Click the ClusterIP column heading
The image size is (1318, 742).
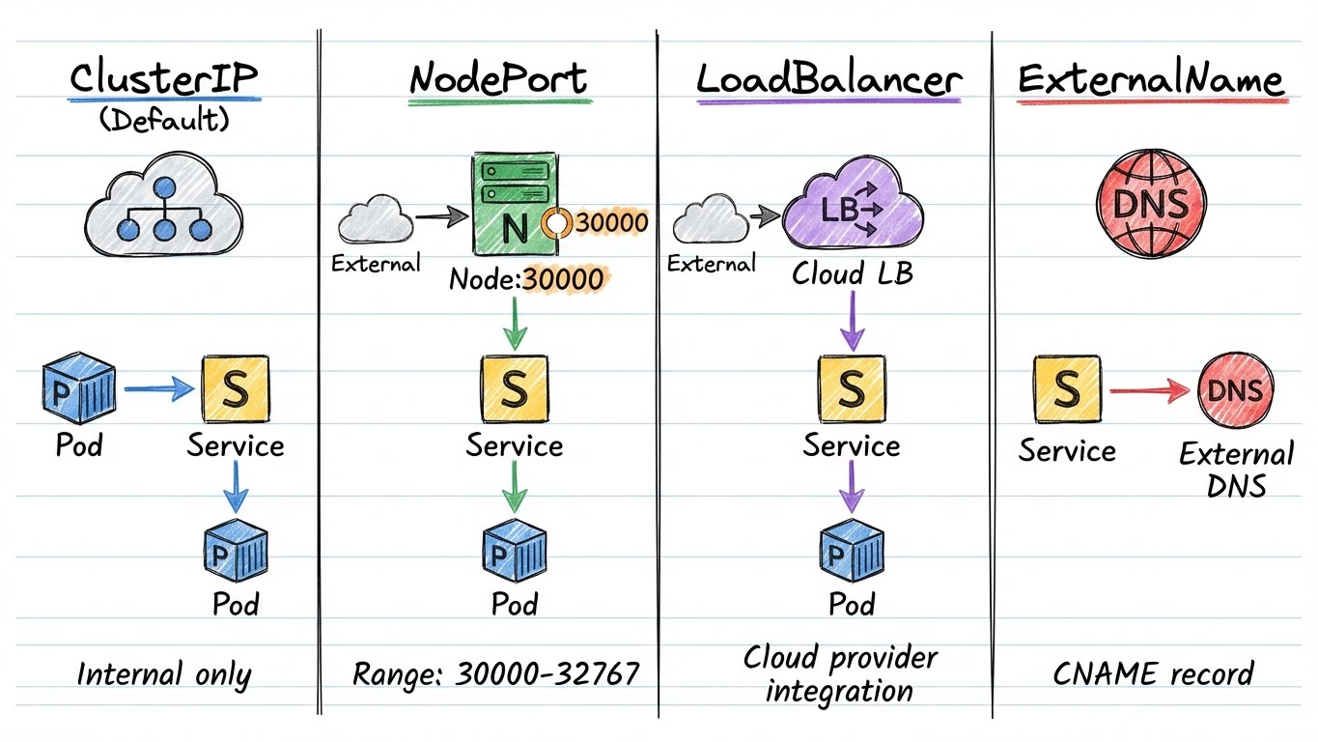tap(163, 78)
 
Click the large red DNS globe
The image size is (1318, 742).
tap(1150, 204)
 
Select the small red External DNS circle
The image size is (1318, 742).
tap(1235, 390)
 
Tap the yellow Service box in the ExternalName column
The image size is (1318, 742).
tap(1067, 388)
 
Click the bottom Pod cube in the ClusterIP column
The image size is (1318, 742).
tap(236, 552)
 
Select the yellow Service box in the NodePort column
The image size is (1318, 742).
tap(514, 388)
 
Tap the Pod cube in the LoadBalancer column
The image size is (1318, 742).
tap(851, 552)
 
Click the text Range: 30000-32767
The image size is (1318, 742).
tap(495, 673)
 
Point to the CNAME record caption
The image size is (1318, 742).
tap(1152, 673)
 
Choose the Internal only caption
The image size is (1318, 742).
tap(163, 674)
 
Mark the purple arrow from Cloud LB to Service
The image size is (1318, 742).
tap(851, 321)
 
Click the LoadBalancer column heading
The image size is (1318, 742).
tap(828, 78)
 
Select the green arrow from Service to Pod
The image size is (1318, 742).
tap(514, 486)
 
